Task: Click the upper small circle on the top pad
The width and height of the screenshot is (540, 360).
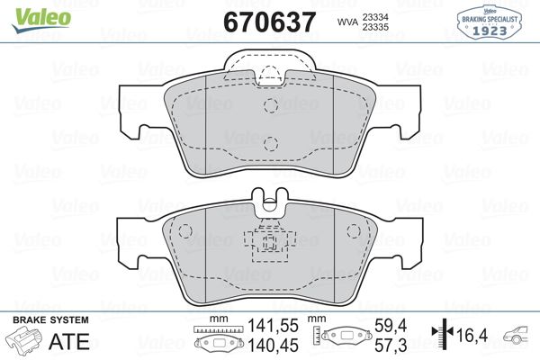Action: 270,104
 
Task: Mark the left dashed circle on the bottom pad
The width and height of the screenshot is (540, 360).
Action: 185,231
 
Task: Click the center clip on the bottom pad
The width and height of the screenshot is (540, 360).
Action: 269,243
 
